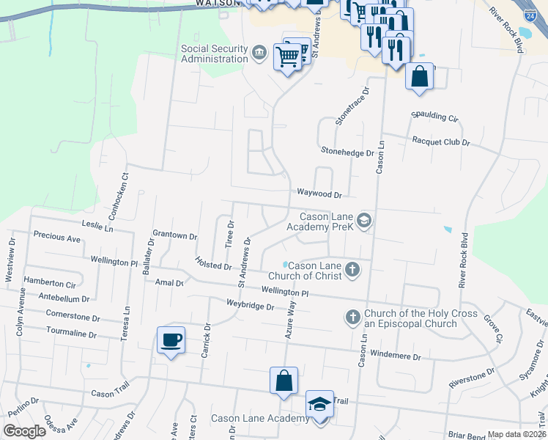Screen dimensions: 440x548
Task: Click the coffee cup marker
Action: [171, 340]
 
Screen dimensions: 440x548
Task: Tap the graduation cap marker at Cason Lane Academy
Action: [319, 405]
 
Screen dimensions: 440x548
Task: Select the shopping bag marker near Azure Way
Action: [284, 381]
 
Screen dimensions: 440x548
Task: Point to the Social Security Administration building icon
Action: [259, 53]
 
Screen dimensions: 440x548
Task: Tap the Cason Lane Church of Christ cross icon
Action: [352, 270]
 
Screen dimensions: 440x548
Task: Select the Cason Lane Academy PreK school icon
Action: [364, 221]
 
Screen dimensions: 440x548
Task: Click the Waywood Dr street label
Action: [319, 194]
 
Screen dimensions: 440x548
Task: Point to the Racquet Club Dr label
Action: [440, 141]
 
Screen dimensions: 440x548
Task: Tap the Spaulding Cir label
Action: [434, 117]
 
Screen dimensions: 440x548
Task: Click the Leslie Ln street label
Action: [98, 228]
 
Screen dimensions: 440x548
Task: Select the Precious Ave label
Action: [57, 238]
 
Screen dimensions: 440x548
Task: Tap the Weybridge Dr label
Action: [251, 306]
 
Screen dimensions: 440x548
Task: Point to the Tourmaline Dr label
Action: [71, 334]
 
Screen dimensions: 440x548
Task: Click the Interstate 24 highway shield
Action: [530, 15]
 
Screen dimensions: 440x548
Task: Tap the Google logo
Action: [24, 430]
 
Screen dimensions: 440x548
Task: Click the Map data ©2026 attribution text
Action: [516, 434]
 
